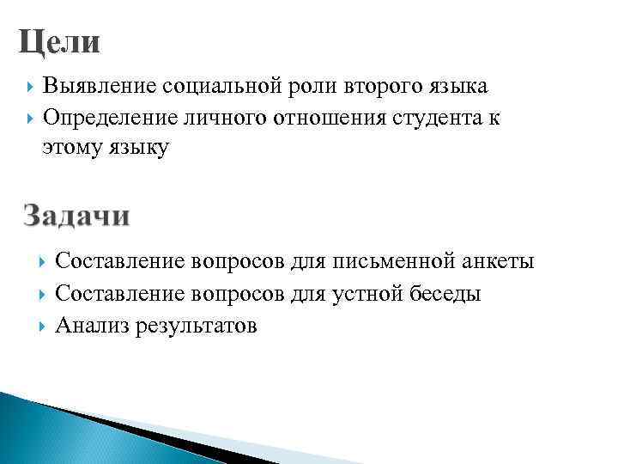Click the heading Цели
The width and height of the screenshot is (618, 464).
pyautogui.click(x=59, y=41)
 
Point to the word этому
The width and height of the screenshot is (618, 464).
pyautogui.click(x=73, y=148)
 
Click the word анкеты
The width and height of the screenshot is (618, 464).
pyautogui.click(x=500, y=261)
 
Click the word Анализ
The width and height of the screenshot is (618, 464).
pyautogui.click(x=91, y=326)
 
